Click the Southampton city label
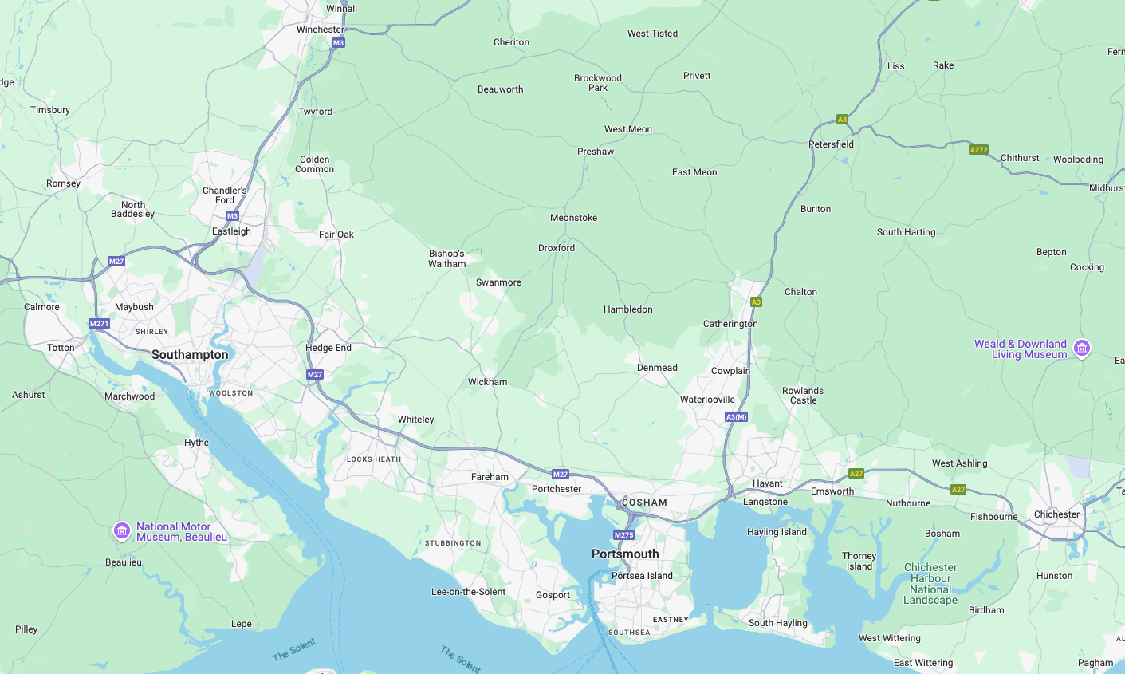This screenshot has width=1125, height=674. coord(190,355)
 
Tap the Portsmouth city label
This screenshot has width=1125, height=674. coord(625,554)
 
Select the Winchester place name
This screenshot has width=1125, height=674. coord(321,30)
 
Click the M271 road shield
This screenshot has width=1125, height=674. coord(99,324)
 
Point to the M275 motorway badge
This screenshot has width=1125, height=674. coord(623,534)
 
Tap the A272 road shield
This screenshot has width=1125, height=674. coord(978,150)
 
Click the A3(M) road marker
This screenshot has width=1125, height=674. coord(736,417)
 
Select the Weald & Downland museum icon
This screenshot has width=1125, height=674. coord(1082,348)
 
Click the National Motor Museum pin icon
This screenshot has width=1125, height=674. coord(121,530)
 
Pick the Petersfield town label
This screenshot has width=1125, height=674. coord(831,144)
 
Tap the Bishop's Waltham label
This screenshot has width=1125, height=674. coord(446,258)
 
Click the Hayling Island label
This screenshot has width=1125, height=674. coord(777,532)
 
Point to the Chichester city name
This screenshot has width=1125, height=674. coord(1056,514)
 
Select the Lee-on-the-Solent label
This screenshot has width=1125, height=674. coord(468,592)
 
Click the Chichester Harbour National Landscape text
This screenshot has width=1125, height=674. coord(930,584)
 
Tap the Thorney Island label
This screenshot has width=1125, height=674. coord(859,561)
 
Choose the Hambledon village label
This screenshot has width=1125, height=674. coord(627,309)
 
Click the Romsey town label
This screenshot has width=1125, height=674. coord(63,183)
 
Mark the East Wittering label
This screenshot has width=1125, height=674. coord(922,663)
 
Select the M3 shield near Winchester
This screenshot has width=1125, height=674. coord(338,43)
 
